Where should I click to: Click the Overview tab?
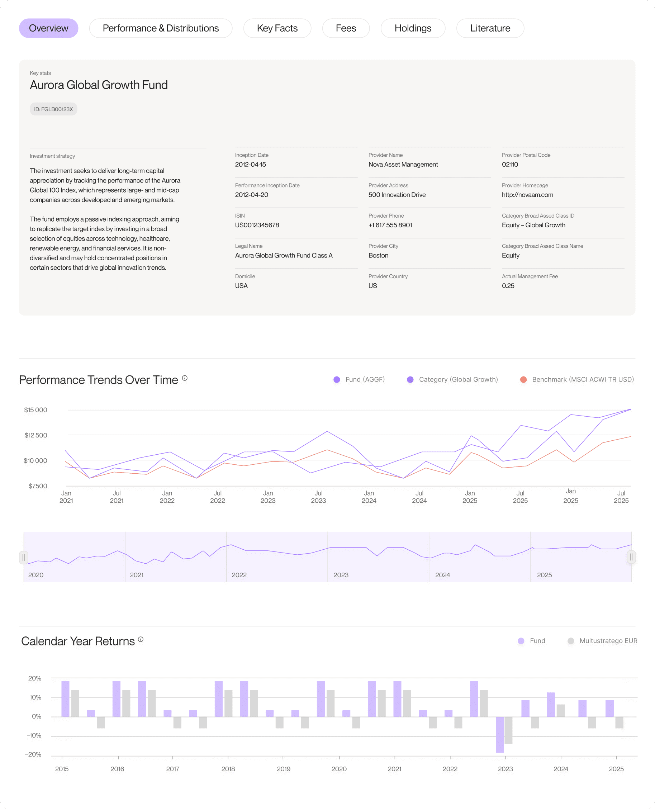[49, 28]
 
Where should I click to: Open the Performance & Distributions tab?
[161, 28]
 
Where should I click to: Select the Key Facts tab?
[277, 28]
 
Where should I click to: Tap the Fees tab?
[346, 28]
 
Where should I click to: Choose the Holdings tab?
[413, 28]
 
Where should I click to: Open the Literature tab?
[490, 28]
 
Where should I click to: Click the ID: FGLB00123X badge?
[53, 109]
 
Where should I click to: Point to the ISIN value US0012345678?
[257, 225]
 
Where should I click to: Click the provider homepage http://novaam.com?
[527, 195]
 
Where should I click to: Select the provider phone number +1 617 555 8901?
[390, 225]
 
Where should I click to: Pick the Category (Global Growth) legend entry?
[453, 379]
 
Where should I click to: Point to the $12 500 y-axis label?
[36, 435]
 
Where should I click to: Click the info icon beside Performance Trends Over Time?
[185, 378]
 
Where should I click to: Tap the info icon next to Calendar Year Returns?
[141, 639]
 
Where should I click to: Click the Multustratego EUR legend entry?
[603, 641]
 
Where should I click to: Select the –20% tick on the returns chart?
[33, 754]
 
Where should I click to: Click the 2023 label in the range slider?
[341, 575]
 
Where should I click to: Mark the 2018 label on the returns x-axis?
[228, 769]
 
